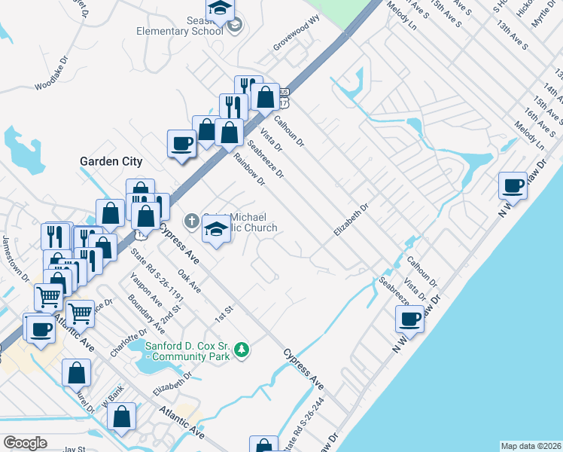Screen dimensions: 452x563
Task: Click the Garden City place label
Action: pyautogui.click(x=111, y=161)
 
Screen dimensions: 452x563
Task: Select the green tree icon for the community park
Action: pyautogui.click(x=242, y=350)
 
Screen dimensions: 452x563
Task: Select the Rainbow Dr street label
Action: pyautogui.click(x=250, y=169)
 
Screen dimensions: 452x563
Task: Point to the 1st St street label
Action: pyautogui.click(x=225, y=313)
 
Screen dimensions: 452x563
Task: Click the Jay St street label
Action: pyautogui.click(x=75, y=449)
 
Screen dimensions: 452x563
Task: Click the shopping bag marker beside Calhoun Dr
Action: pyautogui.click(x=265, y=97)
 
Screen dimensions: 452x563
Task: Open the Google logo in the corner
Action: pyautogui.click(x=25, y=443)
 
